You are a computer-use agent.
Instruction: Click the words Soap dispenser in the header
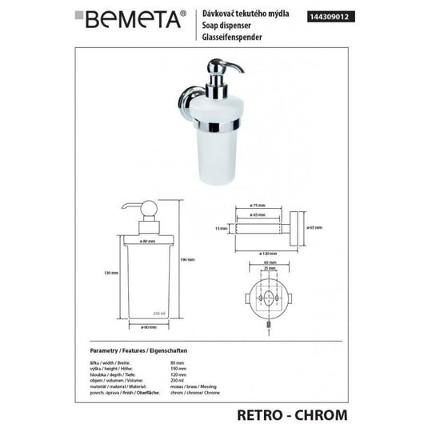coord(222,25)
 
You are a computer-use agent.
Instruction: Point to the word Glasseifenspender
coord(227,35)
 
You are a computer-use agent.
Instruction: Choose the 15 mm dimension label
coord(222,228)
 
